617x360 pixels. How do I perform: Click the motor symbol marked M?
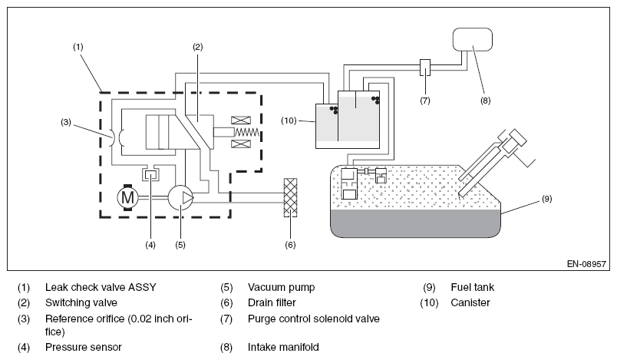coord(127,197)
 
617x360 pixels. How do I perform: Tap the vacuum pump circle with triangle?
coord(180,197)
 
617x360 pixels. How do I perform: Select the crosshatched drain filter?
coord(290,197)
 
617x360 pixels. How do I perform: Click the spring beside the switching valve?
coord(246,132)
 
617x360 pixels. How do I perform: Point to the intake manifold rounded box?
coord(473,39)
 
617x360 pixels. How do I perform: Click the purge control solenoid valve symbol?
coord(425,68)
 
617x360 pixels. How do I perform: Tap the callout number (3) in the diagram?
coord(66,122)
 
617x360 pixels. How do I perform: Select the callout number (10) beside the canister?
coord(289,121)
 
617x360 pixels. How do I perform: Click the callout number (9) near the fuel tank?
coord(547,199)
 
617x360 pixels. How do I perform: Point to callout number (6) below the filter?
coord(290,245)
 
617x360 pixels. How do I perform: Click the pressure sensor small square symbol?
coord(150,174)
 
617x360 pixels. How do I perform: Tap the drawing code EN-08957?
coord(586,264)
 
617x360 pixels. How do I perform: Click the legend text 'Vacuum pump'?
coord(282,287)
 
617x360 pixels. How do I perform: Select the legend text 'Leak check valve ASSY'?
coord(101,287)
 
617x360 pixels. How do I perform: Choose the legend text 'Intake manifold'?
coord(283,347)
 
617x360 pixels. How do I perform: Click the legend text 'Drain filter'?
coord(272,302)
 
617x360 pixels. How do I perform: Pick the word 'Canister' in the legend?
coord(470,302)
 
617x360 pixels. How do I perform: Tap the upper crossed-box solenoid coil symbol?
coord(241,121)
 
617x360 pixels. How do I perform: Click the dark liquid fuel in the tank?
coord(415,223)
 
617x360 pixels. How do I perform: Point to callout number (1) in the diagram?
coord(78,47)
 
